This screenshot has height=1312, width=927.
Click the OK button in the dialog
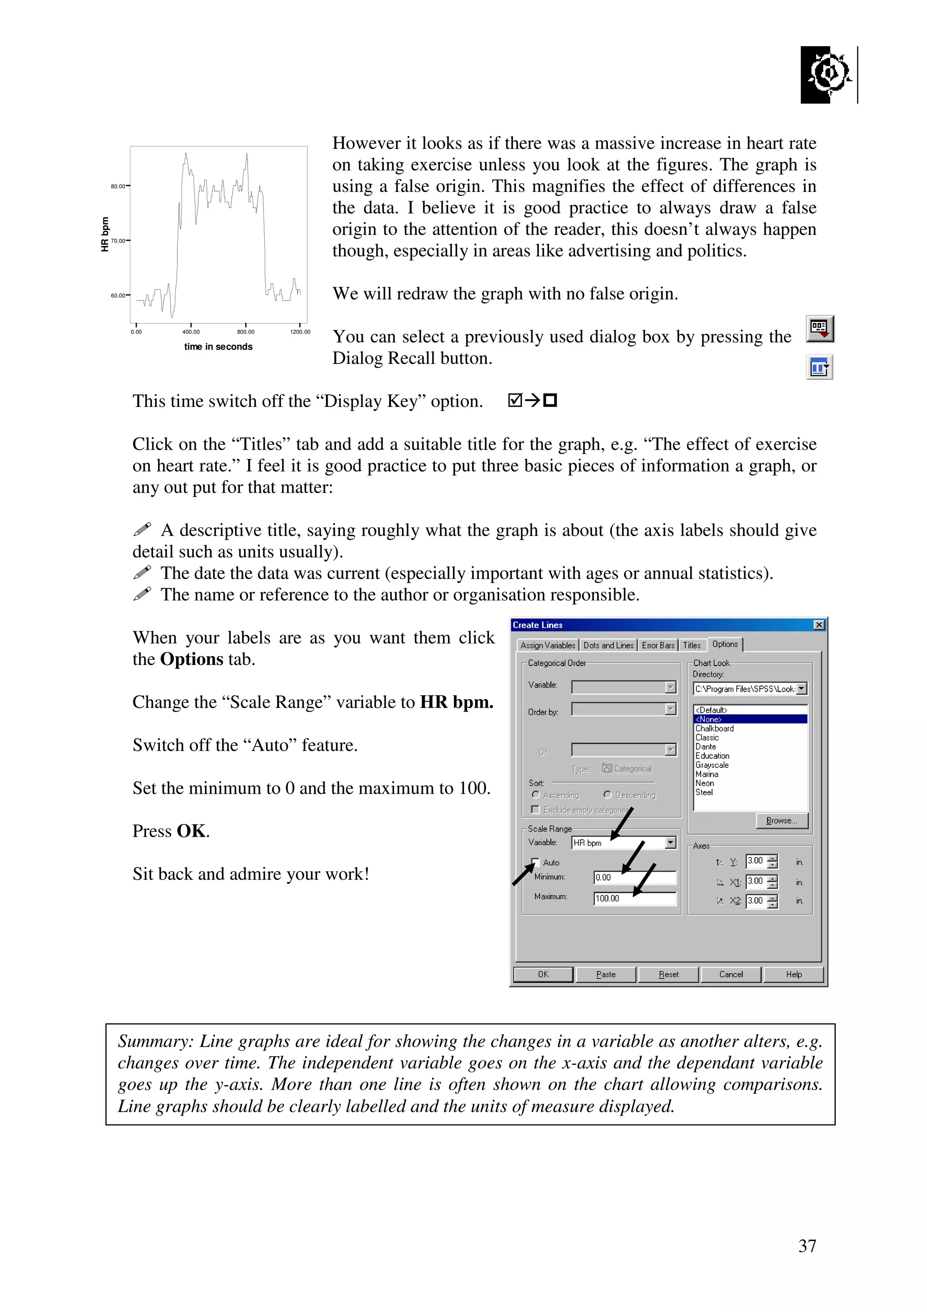543,974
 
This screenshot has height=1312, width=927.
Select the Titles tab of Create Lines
692,645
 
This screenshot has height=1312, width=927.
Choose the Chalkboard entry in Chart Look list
715,728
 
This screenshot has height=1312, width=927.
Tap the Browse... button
781,821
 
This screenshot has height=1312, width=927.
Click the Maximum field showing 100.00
635,898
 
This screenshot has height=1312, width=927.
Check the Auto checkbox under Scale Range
536,862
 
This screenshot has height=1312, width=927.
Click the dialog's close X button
819,625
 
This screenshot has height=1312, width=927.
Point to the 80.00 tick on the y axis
119,186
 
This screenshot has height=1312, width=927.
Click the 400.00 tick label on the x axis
191,332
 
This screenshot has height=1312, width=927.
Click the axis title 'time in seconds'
218,347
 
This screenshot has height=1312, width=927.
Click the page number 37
807,1246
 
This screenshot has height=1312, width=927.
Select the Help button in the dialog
793,974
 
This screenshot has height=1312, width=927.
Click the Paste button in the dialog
606,974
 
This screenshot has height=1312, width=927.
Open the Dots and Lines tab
608,645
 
